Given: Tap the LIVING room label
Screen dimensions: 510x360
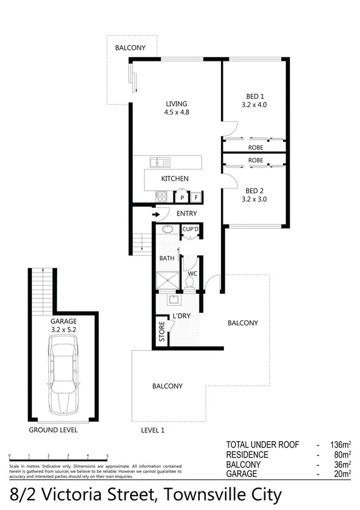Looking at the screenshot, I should click(x=176, y=104).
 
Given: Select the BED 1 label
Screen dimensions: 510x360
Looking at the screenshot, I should click(x=253, y=96).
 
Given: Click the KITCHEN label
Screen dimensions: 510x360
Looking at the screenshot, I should click(x=175, y=179).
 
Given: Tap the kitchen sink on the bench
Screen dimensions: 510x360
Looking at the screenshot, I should click(x=161, y=161).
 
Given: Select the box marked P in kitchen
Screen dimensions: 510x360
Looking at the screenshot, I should click(x=181, y=197).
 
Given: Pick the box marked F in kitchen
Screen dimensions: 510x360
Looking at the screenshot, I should click(x=196, y=197).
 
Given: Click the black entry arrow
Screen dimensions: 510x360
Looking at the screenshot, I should click(x=157, y=214).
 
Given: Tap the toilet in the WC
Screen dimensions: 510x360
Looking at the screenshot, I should click(x=190, y=280).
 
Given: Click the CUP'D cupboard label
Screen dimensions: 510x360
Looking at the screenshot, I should click(x=191, y=229).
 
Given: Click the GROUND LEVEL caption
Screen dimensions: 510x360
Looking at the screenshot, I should click(x=53, y=431).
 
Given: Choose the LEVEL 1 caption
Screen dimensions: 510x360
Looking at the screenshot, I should click(x=153, y=431).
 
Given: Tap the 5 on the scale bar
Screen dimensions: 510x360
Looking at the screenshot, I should click(x=107, y=456).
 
